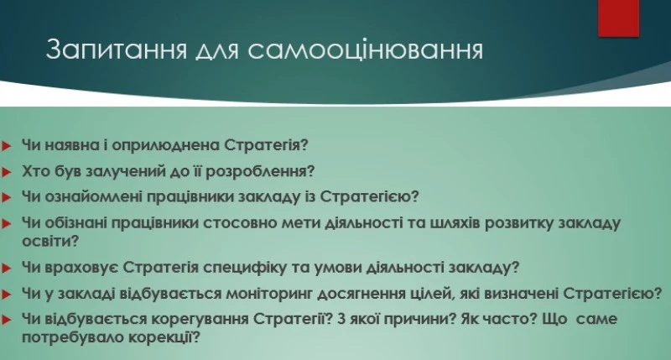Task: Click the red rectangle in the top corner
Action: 618,18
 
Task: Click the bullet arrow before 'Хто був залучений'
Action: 8,172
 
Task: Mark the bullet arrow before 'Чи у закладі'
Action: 8,295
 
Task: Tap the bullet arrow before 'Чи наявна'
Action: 8,145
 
